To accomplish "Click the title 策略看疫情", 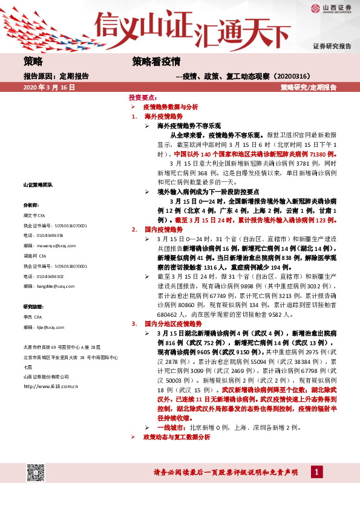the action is pos(157,61).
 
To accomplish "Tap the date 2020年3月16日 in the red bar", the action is pos(49,88).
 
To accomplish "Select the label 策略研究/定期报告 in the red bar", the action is pos(309,88).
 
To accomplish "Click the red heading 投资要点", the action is pos(143,97).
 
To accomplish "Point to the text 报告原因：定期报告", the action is pos(56,76).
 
